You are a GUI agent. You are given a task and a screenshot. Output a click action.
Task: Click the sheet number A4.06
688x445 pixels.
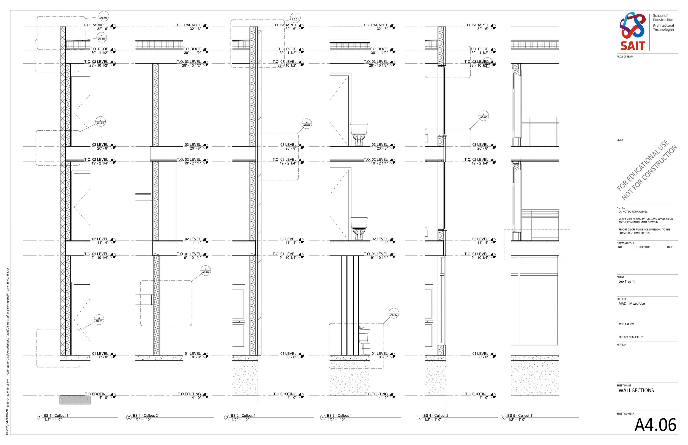tap(655, 425)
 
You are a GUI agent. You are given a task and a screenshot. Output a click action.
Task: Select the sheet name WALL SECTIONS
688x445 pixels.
tap(636, 390)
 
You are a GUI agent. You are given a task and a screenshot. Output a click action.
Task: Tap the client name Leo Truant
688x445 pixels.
tap(626, 281)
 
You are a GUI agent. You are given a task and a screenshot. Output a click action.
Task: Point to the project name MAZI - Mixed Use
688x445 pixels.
tap(632, 303)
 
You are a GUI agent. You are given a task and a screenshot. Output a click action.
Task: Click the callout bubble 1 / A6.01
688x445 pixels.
tap(103, 16)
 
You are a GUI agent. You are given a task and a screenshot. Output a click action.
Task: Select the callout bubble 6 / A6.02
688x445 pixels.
tap(206, 271)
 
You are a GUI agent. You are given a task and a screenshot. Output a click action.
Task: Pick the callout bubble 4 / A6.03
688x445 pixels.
tap(483, 116)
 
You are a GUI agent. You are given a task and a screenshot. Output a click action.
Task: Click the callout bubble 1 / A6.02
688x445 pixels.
tap(394, 314)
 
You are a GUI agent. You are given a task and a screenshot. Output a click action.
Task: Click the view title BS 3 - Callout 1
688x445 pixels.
tap(339, 416)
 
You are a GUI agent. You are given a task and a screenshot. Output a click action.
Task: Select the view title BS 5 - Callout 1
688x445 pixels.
tap(520, 416)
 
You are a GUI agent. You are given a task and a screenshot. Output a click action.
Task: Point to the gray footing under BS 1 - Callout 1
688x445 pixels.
tap(75, 400)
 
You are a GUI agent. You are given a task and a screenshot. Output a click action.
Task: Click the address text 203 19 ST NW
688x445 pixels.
tap(626, 324)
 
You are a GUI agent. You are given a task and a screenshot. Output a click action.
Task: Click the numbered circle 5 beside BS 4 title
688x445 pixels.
tap(419, 417)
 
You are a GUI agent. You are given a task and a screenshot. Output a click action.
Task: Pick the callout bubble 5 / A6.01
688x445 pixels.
tap(295, 18)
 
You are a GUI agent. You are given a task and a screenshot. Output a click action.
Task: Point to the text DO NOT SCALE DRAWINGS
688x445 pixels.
tap(633, 211)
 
